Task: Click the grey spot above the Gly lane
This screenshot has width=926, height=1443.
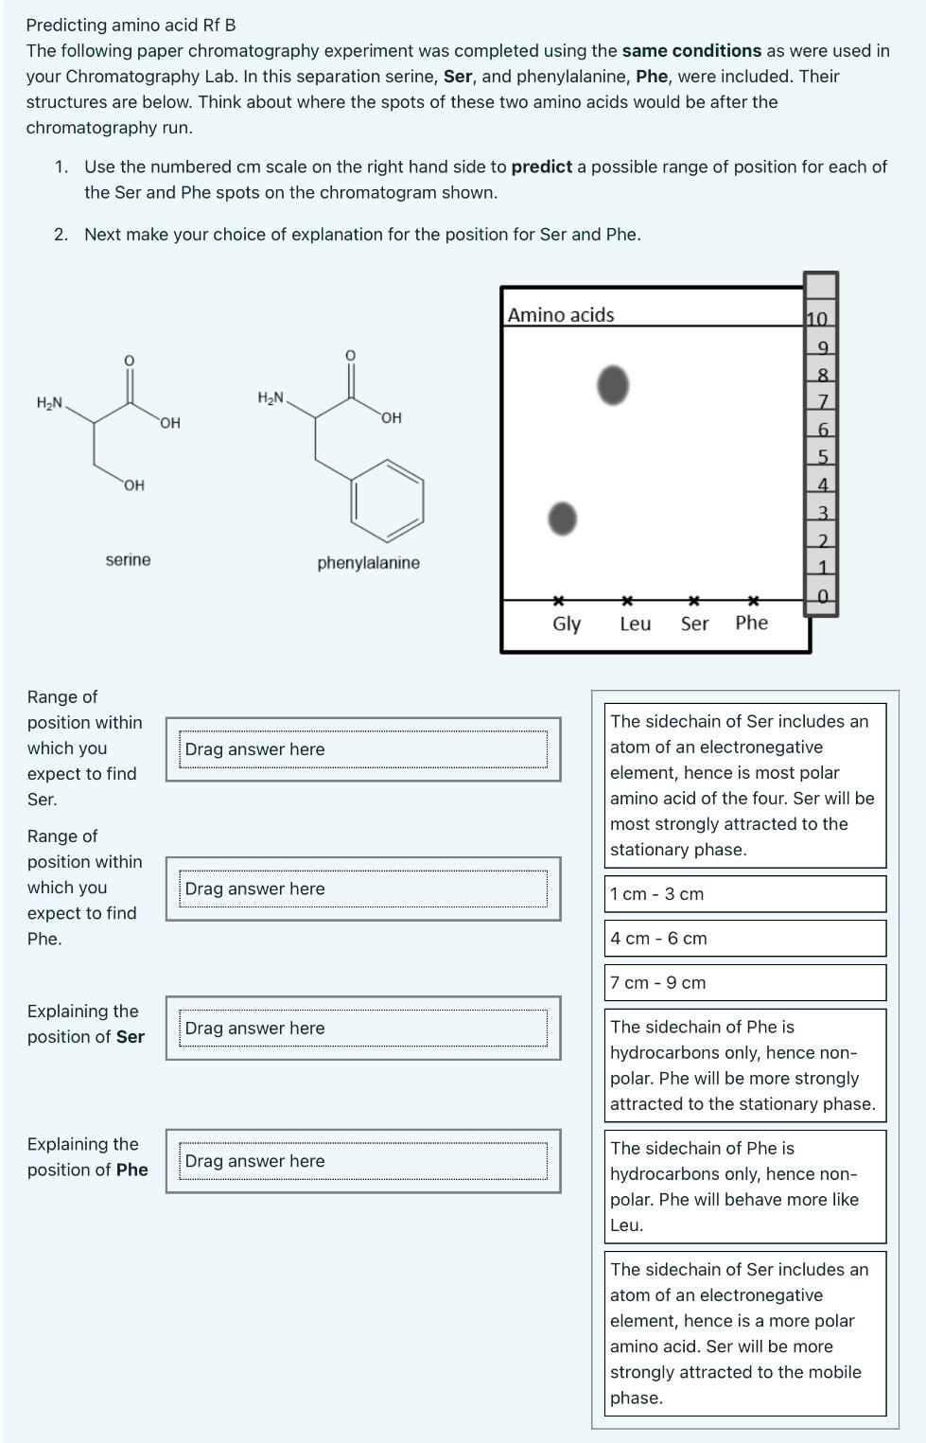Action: point(562,519)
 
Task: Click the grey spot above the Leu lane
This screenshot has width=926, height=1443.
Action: point(613,385)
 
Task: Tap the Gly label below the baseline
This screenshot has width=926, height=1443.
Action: point(567,624)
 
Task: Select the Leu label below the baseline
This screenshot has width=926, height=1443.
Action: point(635,624)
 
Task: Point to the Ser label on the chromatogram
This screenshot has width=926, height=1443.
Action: point(694,624)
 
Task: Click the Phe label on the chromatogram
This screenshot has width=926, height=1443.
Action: point(751,623)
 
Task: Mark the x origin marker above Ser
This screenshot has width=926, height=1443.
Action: point(693,600)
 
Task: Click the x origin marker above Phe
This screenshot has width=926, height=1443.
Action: point(753,600)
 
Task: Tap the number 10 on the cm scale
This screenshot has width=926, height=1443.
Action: point(817,319)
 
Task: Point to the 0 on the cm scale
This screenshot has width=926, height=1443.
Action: point(822,596)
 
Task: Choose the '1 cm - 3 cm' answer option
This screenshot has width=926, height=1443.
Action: point(744,894)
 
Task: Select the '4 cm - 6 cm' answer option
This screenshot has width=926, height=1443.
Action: point(744,939)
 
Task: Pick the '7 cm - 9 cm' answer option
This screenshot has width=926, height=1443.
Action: point(744,983)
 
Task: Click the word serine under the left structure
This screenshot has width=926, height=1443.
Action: point(128,560)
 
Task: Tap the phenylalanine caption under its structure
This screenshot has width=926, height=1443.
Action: point(368,563)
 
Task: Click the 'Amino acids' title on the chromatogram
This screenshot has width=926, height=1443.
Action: point(561,315)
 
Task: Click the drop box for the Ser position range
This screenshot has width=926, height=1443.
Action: point(363,749)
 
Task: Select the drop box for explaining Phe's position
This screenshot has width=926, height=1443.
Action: point(363,1161)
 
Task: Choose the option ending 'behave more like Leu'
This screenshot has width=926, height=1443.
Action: point(744,1187)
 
